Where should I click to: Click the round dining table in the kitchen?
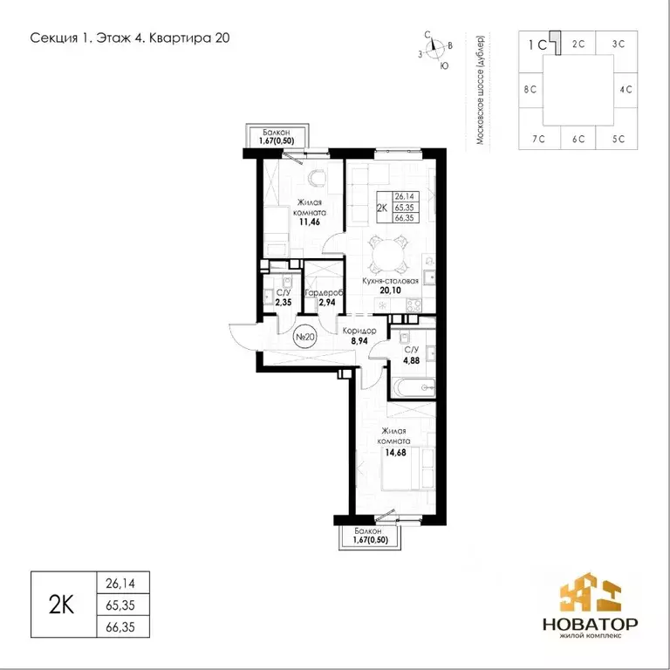388,256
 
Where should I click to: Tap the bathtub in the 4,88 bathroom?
414,388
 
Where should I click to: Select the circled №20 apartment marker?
305,337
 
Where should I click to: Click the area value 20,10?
391,291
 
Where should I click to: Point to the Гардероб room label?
325,293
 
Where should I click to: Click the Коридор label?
359,331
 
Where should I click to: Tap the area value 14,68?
396,452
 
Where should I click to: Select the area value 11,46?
310,222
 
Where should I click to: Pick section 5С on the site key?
618,139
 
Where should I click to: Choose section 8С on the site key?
530,89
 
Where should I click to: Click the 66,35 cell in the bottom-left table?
120,627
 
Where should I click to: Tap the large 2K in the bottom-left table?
62,605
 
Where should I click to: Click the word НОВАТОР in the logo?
590,625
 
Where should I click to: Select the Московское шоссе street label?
481,89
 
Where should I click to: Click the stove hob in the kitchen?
414,305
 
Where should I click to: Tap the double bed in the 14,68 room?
409,468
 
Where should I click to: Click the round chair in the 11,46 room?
318,178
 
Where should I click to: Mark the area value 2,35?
284,303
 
